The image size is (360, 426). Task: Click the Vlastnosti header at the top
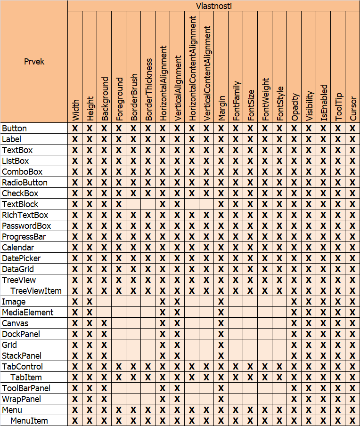point(213,6)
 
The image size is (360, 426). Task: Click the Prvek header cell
point(34,61)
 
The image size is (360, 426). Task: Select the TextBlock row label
point(20,204)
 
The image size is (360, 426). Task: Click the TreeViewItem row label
point(36,291)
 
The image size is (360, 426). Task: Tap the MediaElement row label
point(28,313)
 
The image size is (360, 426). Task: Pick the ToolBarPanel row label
point(26,388)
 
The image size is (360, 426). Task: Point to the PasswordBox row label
point(26,226)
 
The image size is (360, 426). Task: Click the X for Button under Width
point(75,129)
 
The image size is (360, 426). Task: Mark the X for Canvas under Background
point(104,323)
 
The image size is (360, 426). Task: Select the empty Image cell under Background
point(104,302)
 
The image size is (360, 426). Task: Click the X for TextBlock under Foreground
point(119,204)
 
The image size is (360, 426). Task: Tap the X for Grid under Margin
point(221,345)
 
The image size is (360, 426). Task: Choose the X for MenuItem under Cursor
point(352,421)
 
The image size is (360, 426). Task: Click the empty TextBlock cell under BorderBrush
point(133,204)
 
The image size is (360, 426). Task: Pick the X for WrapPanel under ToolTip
point(338,399)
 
